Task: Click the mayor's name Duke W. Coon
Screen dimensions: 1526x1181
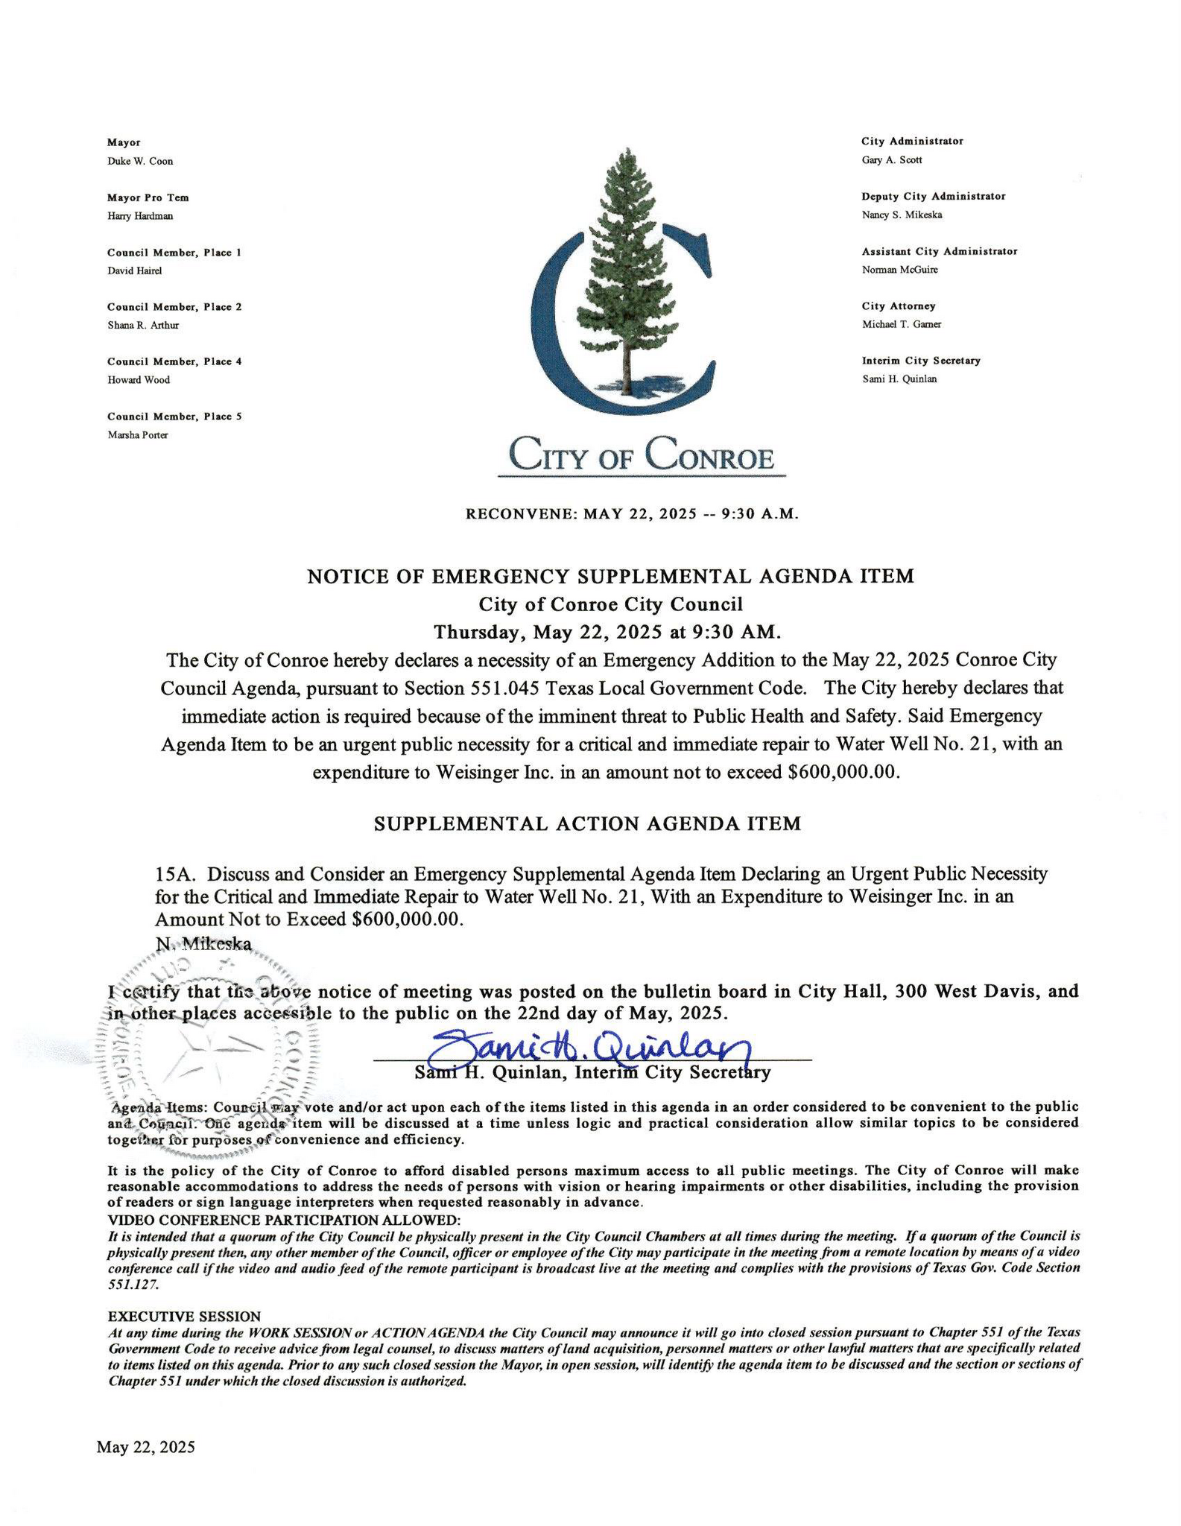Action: coord(140,161)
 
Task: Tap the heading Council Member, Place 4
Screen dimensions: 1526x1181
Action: coord(174,361)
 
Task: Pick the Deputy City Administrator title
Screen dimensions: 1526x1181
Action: coord(933,196)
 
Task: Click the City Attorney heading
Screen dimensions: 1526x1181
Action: coord(898,306)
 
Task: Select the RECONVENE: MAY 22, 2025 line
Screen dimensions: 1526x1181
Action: coord(632,514)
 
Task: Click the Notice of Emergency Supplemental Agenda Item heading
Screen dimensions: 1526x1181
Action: coord(610,576)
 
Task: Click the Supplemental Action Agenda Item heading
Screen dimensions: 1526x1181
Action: coord(587,823)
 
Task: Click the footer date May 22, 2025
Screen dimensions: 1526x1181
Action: coord(145,1447)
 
